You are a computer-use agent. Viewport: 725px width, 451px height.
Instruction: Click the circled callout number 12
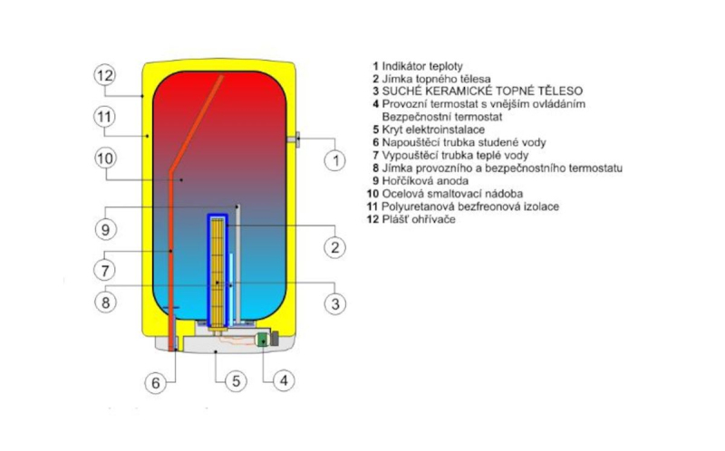105,75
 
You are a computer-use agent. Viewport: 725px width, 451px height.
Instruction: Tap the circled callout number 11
104,117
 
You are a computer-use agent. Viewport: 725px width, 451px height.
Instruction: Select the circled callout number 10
105,158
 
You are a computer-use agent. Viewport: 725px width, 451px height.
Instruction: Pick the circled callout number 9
105,229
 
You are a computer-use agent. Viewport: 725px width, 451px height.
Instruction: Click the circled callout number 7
105,270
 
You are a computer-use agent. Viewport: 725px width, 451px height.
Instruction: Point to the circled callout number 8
105,302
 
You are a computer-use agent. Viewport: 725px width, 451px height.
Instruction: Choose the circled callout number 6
156,382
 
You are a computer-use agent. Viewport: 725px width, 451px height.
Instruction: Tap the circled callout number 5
236,381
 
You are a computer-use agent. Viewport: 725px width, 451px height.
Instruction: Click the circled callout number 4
284,380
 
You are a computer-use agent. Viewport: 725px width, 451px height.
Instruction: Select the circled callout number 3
334,303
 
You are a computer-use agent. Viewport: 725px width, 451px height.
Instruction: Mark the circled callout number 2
334,247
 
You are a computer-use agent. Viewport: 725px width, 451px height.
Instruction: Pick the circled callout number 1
334,160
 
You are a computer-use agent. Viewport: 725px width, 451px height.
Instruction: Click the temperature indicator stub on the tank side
293,139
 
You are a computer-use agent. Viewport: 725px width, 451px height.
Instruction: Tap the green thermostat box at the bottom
263,341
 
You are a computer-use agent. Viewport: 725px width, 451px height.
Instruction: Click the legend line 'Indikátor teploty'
418,66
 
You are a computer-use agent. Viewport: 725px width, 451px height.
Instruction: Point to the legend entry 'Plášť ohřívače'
411,219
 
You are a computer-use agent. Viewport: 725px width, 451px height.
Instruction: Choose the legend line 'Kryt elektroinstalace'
429,130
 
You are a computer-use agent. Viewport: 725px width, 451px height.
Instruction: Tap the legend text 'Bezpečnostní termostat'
442,117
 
